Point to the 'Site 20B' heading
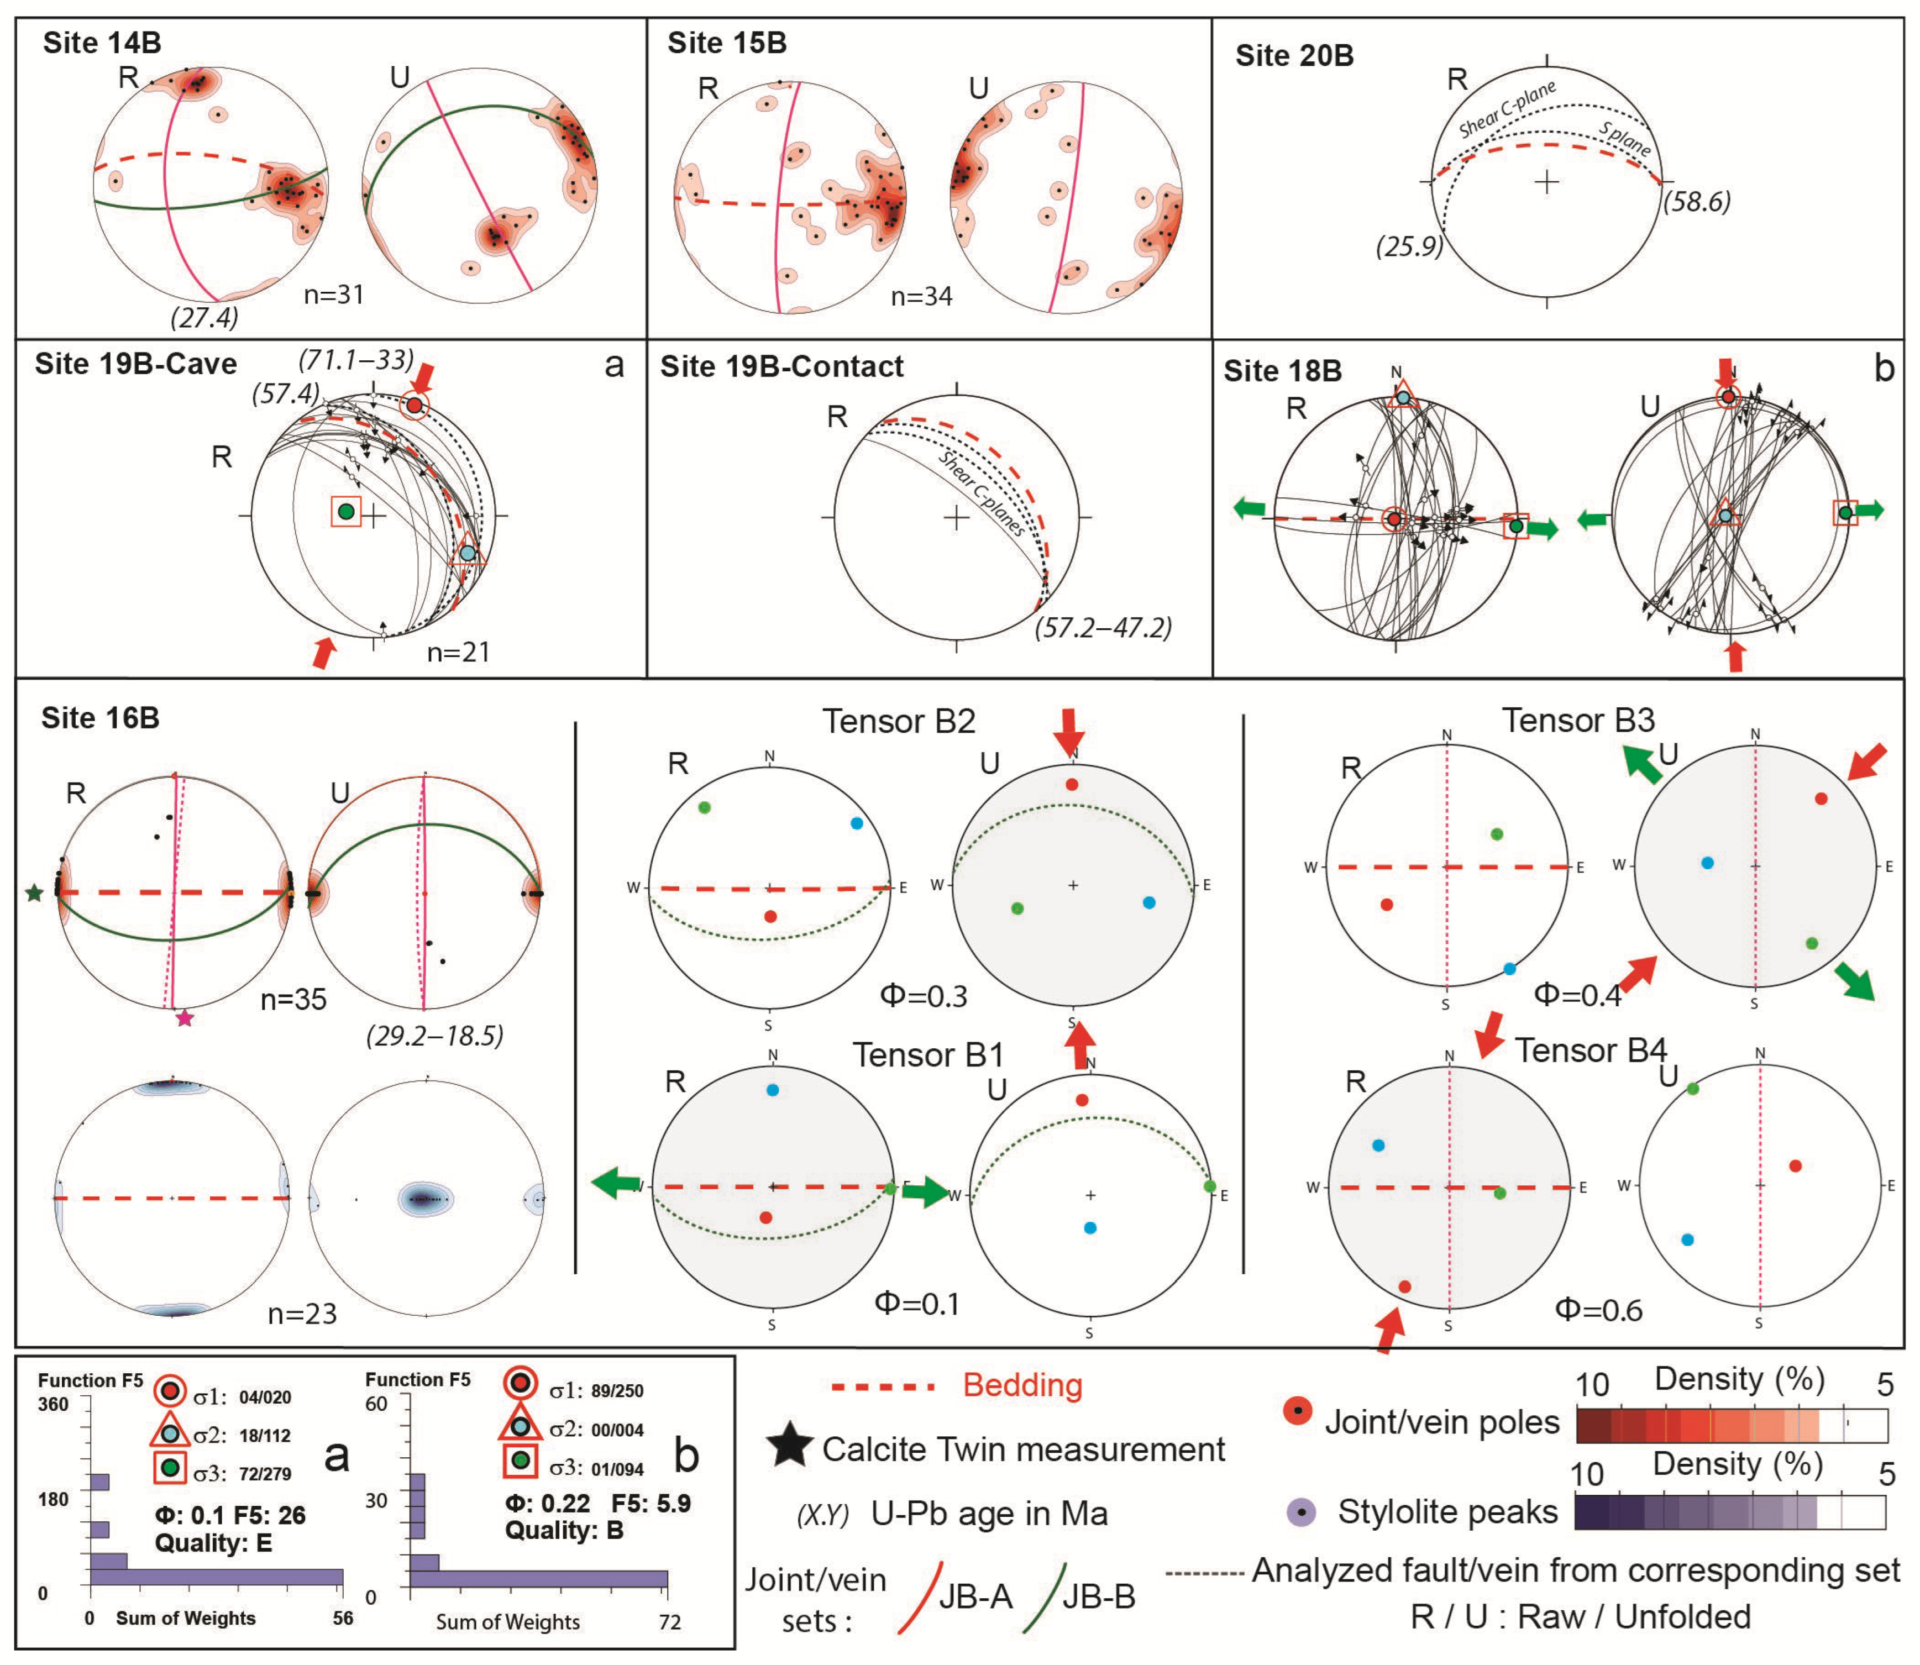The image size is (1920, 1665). (x=1294, y=56)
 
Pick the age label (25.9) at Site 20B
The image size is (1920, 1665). (x=1409, y=246)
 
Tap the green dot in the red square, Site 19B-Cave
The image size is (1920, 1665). (x=347, y=511)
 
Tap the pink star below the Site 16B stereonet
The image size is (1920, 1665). (x=185, y=1018)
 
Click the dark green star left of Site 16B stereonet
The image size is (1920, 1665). (x=34, y=893)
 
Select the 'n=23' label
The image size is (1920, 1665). (x=302, y=1314)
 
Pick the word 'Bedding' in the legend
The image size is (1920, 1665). (x=1022, y=1385)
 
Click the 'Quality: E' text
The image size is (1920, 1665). (x=213, y=1543)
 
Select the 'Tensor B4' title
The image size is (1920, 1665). (x=1591, y=1050)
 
